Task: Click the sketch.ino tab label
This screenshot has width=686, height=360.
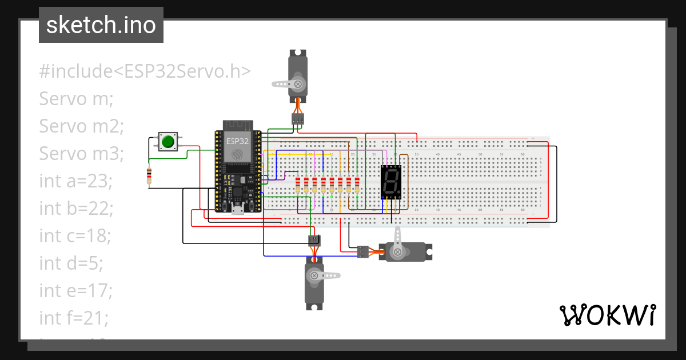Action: (x=101, y=25)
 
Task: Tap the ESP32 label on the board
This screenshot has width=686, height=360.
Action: (x=237, y=141)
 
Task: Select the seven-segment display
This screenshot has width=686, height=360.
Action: (x=392, y=182)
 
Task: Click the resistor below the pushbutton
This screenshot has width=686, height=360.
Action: (x=150, y=177)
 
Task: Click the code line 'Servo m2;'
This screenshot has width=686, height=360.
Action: (x=81, y=126)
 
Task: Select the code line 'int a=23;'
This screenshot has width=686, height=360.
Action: (x=75, y=181)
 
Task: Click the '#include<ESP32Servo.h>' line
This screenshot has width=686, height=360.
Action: (x=145, y=71)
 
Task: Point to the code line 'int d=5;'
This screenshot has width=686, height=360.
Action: (x=71, y=263)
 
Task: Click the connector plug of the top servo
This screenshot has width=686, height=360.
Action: (x=297, y=119)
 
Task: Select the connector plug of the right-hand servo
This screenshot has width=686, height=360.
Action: (x=363, y=251)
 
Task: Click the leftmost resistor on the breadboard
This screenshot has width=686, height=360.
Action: (x=298, y=185)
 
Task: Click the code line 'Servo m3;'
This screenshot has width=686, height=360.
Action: (x=81, y=154)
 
